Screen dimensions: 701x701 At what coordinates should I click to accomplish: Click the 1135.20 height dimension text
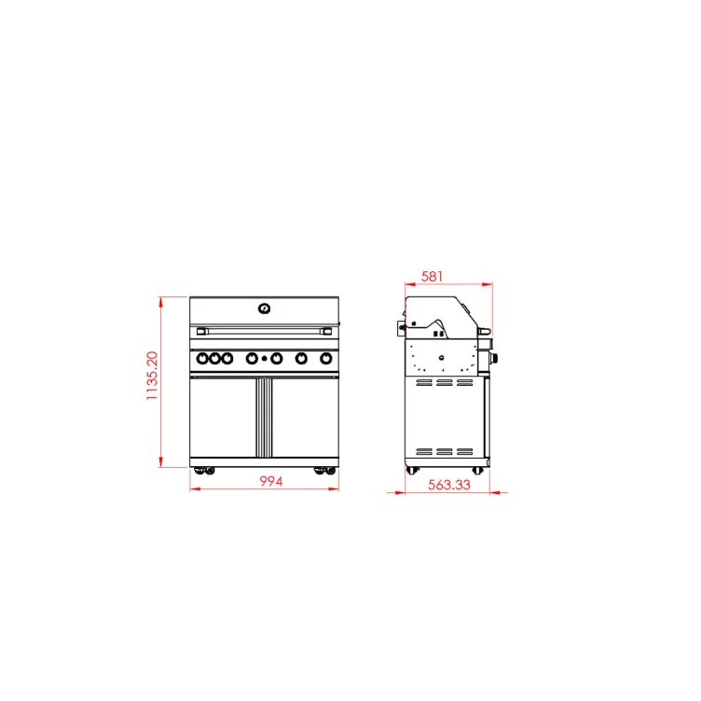tap(152, 376)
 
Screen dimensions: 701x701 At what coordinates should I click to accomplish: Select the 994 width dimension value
tap(271, 481)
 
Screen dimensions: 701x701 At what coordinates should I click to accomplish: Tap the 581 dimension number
tap(432, 276)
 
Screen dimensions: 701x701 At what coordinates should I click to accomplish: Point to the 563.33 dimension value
tap(449, 485)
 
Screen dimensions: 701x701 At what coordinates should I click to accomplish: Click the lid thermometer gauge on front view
tap(264, 309)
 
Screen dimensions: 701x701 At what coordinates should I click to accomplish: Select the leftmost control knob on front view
tap(202, 358)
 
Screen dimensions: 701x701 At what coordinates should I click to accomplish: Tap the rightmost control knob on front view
tap(326, 358)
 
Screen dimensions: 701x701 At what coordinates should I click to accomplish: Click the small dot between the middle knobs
tap(264, 359)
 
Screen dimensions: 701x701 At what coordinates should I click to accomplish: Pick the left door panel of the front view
tap(223, 418)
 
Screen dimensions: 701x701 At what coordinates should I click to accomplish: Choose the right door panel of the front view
tap(305, 418)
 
